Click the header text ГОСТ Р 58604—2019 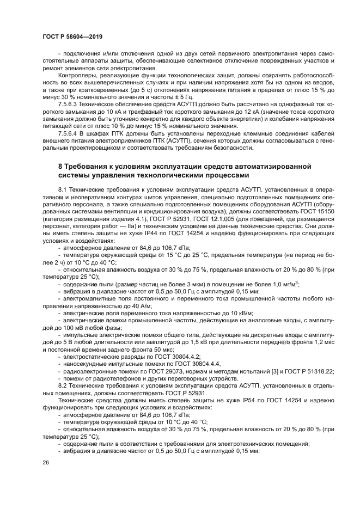72,36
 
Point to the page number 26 45,462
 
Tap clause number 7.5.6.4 70,133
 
